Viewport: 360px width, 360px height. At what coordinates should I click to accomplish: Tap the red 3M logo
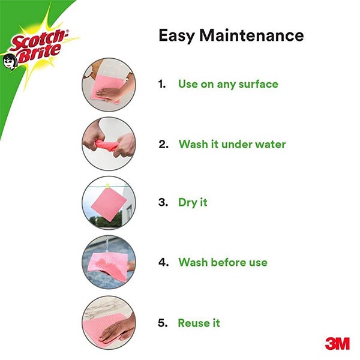[x=337, y=343]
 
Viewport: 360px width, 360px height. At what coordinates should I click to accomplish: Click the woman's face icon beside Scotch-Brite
[x=10, y=62]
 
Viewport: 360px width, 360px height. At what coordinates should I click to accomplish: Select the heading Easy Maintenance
[x=231, y=35]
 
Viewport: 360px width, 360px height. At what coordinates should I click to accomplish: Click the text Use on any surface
[x=228, y=84]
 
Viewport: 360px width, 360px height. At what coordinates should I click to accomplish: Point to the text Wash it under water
[x=232, y=145]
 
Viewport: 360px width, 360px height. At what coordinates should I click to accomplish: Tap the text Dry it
[x=193, y=203]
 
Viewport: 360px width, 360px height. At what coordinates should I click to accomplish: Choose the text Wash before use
[x=223, y=262]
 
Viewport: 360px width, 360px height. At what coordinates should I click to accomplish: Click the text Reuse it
[x=199, y=323]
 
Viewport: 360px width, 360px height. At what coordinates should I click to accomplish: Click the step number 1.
[x=162, y=84]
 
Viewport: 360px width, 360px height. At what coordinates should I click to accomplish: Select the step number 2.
[x=163, y=145]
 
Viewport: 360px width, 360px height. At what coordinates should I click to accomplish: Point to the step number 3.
[x=163, y=203]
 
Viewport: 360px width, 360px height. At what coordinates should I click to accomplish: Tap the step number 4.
[x=163, y=262]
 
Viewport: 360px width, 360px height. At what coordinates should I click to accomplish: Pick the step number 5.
[x=163, y=323]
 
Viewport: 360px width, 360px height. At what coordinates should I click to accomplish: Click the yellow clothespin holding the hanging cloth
[x=107, y=186]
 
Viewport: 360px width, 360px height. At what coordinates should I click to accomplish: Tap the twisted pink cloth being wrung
[x=107, y=145]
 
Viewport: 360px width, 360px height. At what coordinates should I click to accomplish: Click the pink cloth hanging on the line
[x=109, y=205]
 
